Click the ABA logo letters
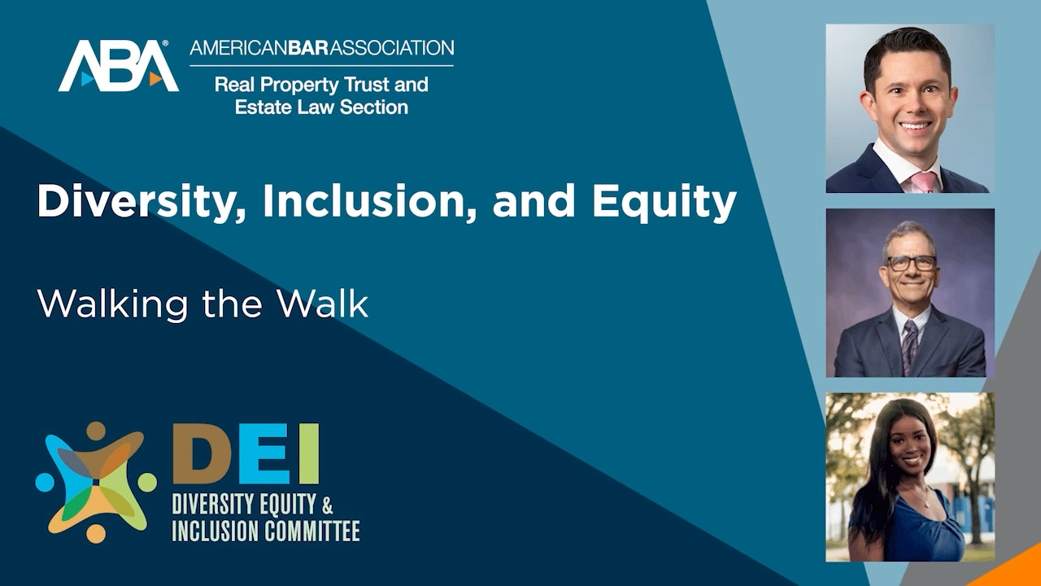pyautogui.click(x=118, y=66)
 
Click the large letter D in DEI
pyautogui.click(x=201, y=454)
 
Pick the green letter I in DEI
pyautogui.click(x=308, y=454)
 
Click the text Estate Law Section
pyautogui.click(x=321, y=107)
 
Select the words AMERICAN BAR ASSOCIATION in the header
pyautogui.click(x=321, y=47)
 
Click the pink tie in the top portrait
pyautogui.click(x=924, y=181)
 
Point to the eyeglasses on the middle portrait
pyautogui.click(x=911, y=263)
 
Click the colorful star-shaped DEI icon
pyautogui.click(x=96, y=482)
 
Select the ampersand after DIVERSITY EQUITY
pyautogui.click(x=328, y=504)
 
